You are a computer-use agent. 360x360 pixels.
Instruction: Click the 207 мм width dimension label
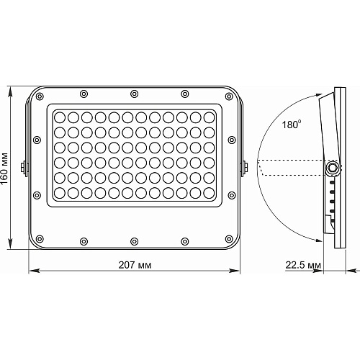135,265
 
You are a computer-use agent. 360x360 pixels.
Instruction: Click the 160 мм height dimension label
4,168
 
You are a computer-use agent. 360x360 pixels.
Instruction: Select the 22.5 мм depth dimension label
303,265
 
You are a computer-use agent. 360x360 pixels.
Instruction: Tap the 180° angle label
292,125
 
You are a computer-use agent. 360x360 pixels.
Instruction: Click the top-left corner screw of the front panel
40,96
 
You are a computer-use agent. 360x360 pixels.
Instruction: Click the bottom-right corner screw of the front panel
229,239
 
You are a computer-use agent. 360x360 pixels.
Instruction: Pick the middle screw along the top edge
134,94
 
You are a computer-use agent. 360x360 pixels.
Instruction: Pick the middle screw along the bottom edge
134,241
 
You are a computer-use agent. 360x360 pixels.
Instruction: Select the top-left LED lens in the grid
60,117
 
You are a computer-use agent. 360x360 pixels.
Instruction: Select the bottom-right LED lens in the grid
209,193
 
